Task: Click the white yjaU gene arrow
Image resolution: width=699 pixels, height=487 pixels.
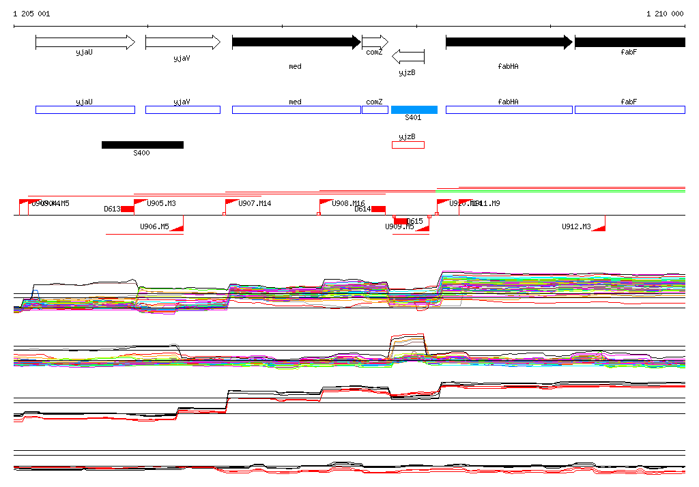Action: [x=85, y=42]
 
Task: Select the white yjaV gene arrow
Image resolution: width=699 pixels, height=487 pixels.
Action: [x=183, y=42]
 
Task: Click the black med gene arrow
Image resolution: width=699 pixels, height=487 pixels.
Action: [x=296, y=42]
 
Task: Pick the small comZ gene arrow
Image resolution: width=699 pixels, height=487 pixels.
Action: [x=375, y=42]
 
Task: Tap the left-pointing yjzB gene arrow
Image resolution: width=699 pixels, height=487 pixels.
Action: [x=409, y=56]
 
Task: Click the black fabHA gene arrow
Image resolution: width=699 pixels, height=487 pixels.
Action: [x=509, y=42]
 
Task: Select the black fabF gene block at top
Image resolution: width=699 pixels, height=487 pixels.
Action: [x=629, y=42]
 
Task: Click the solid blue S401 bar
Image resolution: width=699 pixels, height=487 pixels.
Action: [x=414, y=110]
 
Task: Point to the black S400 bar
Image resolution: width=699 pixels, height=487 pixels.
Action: [x=142, y=145]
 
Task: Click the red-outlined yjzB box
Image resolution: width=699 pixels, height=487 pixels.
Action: [x=408, y=145]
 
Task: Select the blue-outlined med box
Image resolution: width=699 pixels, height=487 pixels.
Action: [x=296, y=110]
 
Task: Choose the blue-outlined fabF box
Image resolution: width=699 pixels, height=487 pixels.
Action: [x=629, y=110]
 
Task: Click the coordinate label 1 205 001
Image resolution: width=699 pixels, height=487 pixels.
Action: [x=31, y=14]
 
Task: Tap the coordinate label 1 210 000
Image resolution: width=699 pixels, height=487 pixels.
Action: [x=664, y=14]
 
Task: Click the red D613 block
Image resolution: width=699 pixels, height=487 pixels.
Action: [x=128, y=209]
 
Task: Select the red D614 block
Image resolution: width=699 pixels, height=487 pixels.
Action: [x=378, y=209]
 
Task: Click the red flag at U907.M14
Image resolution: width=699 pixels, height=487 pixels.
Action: [x=231, y=203]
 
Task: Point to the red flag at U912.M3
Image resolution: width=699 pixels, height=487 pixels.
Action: [x=599, y=226]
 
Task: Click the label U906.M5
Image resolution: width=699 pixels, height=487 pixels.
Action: [x=154, y=226]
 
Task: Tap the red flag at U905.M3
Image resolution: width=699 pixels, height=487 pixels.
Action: [x=140, y=203]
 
